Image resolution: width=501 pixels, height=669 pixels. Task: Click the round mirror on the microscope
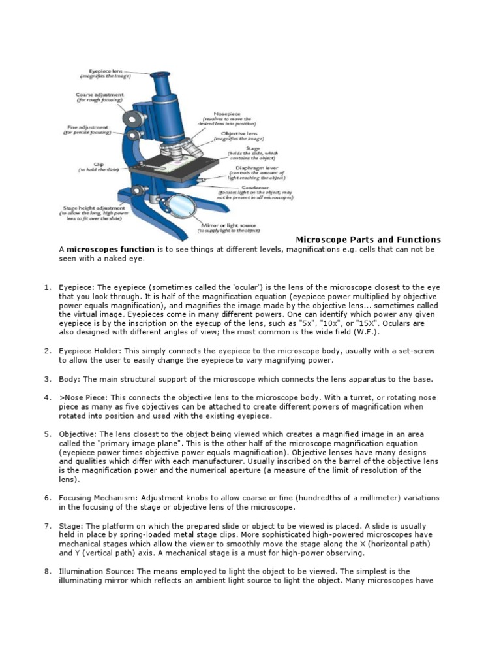[177, 205]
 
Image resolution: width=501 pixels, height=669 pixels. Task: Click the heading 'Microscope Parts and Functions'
[364, 240]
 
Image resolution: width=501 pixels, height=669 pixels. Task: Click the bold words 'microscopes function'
[111, 250]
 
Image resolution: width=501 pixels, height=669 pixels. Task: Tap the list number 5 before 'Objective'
[48, 434]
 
